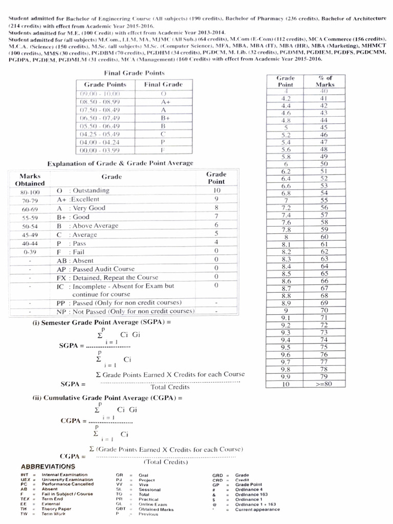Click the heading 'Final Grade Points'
pyautogui.click(x=135, y=73)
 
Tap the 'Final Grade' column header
pyautogui.click(x=163, y=84)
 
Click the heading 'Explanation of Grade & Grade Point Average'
pyautogui.click(x=120, y=163)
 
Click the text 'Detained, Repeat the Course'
pyautogui.click(x=116, y=277)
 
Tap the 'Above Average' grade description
pyautogui.click(x=95, y=226)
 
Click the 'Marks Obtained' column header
pyautogui.click(x=30, y=180)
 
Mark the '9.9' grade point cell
pyautogui.click(x=286, y=377)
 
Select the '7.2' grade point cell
pyautogui.click(x=286, y=208)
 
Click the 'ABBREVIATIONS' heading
pyautogui.click(x=48, y=466)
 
